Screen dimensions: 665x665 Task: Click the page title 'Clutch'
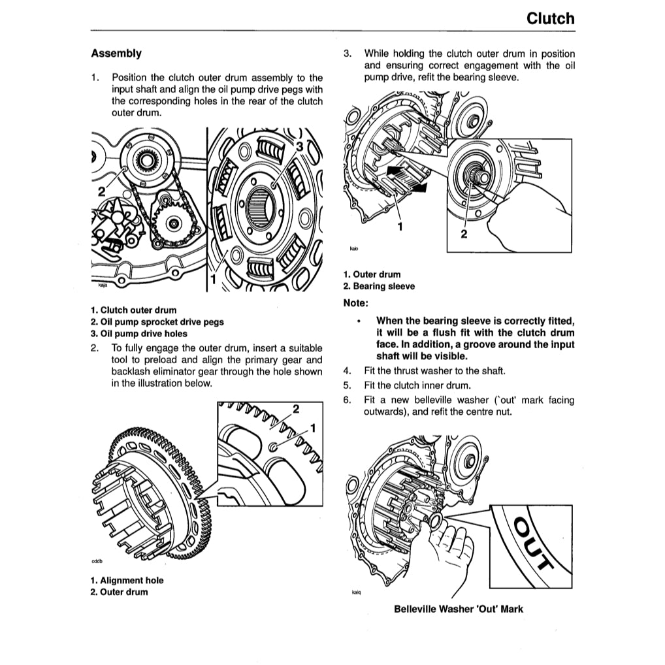(551, 18)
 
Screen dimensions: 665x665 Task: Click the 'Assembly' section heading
(116, 53)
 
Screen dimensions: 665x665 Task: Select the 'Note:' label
(356, 303)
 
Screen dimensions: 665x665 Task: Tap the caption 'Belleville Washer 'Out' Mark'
(459, 609)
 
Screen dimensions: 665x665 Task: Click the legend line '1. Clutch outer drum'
(133, 310)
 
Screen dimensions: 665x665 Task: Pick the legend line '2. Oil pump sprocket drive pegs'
(157, 321)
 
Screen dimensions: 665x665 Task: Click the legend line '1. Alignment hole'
(127, 580)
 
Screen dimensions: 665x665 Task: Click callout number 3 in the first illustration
(299, 147)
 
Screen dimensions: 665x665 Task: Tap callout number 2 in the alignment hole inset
(296, 410)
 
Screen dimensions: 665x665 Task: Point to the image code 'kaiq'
(356, 593)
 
